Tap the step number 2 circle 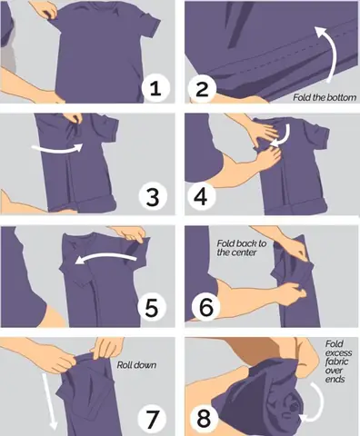pos(202,88)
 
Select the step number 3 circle pos(153,196)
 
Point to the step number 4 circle pos(200,196)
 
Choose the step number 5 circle pos(152,307)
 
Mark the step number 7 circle pos(152,419)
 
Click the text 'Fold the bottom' pos(325,97)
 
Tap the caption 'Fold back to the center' pos(241,248)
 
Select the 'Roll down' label pos(136,365)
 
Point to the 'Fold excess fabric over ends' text pos(338,362)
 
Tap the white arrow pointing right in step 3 pos(57,148)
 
